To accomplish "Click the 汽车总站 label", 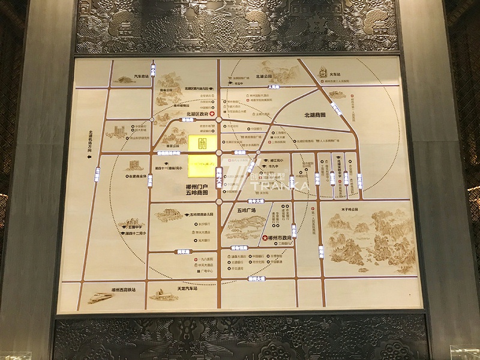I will point(141,77).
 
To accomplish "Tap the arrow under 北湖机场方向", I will point(89,157).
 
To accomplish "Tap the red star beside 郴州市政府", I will point(264,238).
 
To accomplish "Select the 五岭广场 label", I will point(246,211).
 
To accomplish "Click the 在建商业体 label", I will point(136,176).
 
